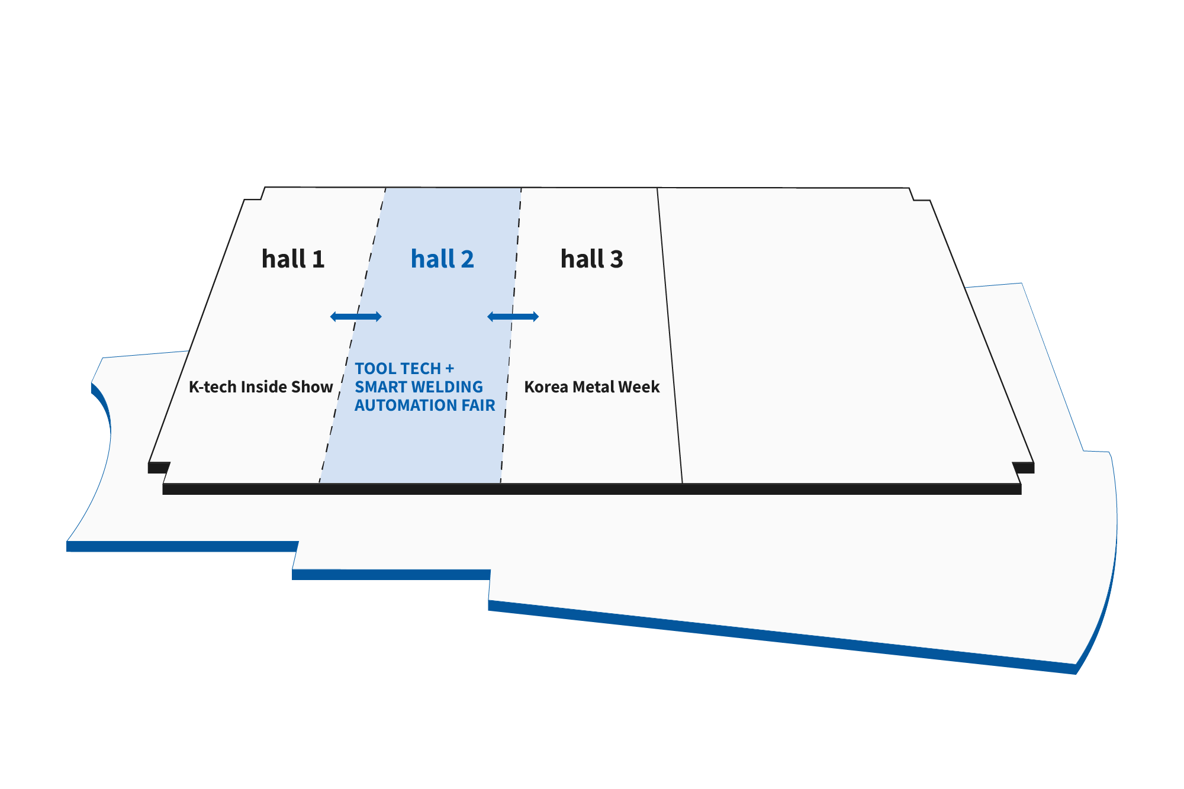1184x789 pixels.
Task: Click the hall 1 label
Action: [293, 259]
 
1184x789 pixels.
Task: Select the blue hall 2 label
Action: [442, 259]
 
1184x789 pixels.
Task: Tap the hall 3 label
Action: [591, 259]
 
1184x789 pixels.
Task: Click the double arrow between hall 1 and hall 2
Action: [356, 317]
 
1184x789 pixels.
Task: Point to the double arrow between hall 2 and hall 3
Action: [513, 317]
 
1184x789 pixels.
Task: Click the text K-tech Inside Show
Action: [260, 387]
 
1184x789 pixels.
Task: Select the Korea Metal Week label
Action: [591, 387]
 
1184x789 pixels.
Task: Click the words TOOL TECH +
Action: [404, 369]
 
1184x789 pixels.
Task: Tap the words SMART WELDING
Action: [419, 387]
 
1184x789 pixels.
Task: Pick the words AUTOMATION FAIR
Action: [424, 405]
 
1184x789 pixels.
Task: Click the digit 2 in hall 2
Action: [467, 260]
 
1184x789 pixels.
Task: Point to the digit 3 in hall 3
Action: [616, 260]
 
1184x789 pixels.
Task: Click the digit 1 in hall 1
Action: [318, 260]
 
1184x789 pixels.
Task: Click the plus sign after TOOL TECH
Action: [450, 369]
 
